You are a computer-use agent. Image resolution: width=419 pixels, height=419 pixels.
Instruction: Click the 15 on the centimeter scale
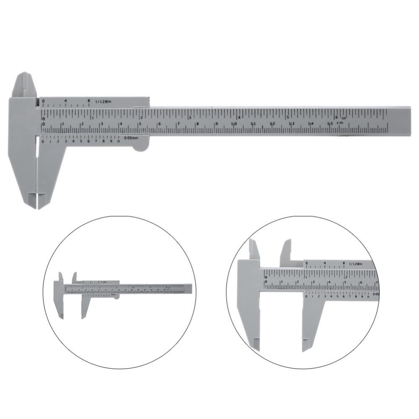pyautogui.click(x=330, y=124)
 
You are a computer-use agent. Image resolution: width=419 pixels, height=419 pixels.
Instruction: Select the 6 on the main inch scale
pyautogui.click(x=336, y=117)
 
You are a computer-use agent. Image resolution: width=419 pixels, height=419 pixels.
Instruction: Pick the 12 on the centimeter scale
pyautogui.click(x=272, y=124)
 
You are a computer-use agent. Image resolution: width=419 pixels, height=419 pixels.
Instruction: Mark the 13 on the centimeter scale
pyautogui.click(x=292, y=124)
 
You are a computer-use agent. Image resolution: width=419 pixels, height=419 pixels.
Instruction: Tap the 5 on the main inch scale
pyautogui.click(x=287, y=117)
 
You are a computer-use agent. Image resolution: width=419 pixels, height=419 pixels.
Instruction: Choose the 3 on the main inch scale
pyautogui.click(x=190, y=117)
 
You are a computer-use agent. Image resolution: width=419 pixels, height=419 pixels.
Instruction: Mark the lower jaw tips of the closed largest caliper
pyautogui.click(x=38, y=201)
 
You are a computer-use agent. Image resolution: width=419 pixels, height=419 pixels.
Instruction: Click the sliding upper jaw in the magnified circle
pyautogui.click(x=286, y=251)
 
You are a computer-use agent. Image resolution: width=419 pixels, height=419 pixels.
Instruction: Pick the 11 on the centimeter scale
pyautogui.click(x=253, y=124)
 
